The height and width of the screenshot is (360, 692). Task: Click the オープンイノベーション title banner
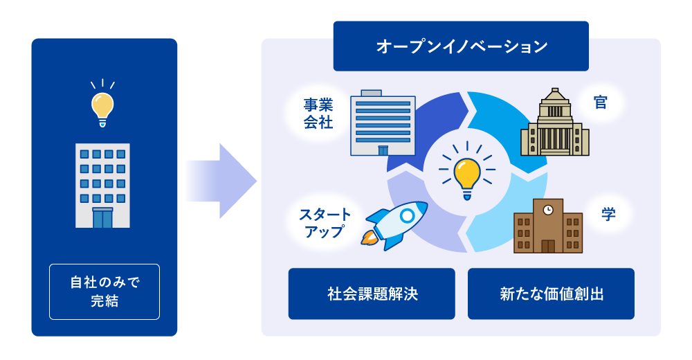point(461,46)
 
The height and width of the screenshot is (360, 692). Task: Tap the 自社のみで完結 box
point(104,291)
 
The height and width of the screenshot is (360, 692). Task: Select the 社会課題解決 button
point(372,294)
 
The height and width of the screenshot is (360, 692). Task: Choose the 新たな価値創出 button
point(551,294)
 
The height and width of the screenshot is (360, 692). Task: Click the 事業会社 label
point(318,114)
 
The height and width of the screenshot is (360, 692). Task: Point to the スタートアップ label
point(325,222)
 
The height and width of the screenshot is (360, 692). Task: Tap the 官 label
point(600,102)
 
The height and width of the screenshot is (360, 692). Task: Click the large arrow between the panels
point(221,181)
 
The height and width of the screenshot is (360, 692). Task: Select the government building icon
point(554,124)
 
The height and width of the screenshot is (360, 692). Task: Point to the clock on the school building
point(547,208)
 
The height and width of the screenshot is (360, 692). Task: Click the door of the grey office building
point(102,218)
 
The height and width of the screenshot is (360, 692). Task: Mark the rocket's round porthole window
point(408,215)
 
